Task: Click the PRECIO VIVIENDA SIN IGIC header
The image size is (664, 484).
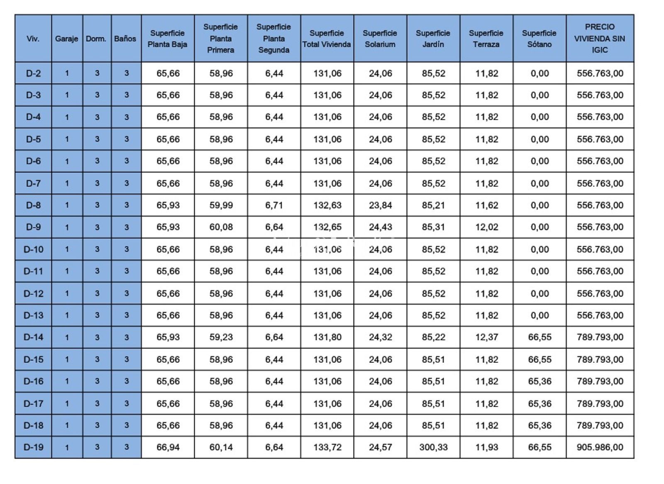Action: click(599, 38)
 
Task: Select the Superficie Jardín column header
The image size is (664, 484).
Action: click(433, 38)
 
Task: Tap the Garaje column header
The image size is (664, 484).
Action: click(66, 39)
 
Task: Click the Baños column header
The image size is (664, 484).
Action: click(125, 39)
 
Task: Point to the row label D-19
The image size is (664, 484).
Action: click(33, 447)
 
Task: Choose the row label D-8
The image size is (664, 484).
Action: click(33, 205)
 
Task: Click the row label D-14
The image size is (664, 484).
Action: click(33, 337)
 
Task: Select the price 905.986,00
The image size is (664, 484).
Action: click(600, 447)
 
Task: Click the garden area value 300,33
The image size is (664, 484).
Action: click(433, 447)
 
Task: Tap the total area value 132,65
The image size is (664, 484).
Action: click(327, 227)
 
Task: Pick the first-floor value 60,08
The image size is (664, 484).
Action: click(221, 227)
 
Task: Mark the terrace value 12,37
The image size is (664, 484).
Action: click(486, 337)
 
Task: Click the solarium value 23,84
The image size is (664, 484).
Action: click(380, 205)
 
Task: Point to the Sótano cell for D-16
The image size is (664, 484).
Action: click(539, 381)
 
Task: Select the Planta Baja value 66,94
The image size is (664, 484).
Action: click(168, 447)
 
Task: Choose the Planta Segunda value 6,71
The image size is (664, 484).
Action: click(274, 205)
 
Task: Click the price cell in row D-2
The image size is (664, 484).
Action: click(600, 73)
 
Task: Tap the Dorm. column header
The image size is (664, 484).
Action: click(96, 39)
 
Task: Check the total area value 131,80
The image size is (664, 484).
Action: click(327, 337)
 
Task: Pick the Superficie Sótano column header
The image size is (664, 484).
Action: click(539, 38)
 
